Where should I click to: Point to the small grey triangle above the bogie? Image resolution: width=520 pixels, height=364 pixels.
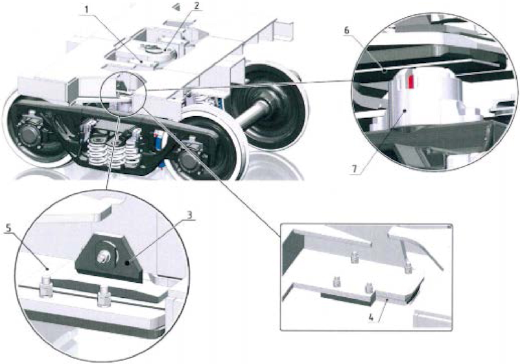pos(173,6)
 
